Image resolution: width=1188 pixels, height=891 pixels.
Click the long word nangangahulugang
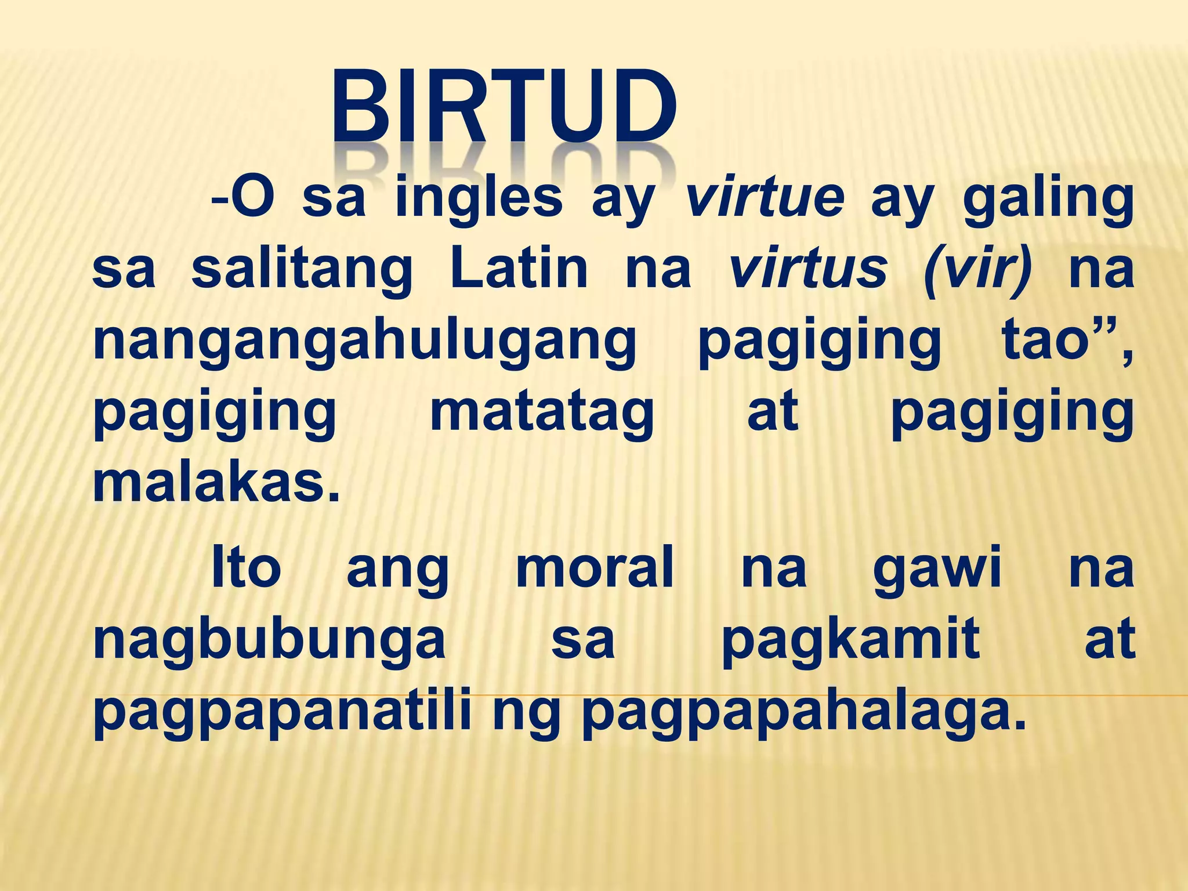pyautogui.click(x=365, y=342)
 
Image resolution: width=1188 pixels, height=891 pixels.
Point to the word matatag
pyautogui.click(x=542, y=414)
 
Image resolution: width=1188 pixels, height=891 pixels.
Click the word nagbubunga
pyautogui.click(x=269, y=641)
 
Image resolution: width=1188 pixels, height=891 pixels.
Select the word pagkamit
pyautogui.click(x=850, y=641)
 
